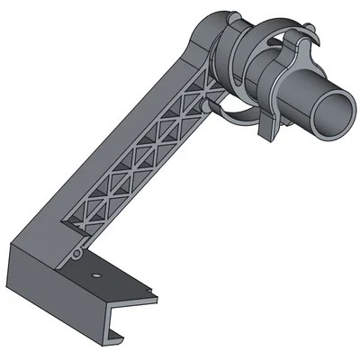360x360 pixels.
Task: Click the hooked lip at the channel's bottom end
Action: point(115,338)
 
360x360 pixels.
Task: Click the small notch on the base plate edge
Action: point(144,290)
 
